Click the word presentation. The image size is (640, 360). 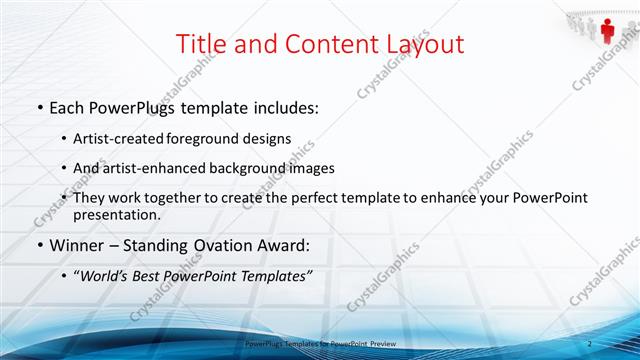115,215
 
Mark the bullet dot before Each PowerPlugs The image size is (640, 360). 39,106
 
